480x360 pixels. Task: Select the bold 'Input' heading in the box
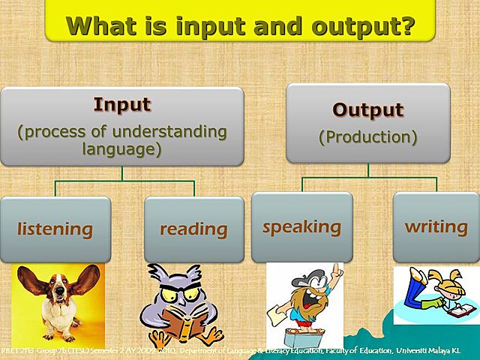pos(121,105)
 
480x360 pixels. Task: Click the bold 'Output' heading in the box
pos(367,109)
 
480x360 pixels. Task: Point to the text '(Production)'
pos(367,137)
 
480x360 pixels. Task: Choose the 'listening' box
pos(55,229)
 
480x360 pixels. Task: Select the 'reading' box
pos(193,229)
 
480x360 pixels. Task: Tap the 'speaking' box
pos(301,226)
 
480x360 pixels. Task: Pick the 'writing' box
pos(436,226)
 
